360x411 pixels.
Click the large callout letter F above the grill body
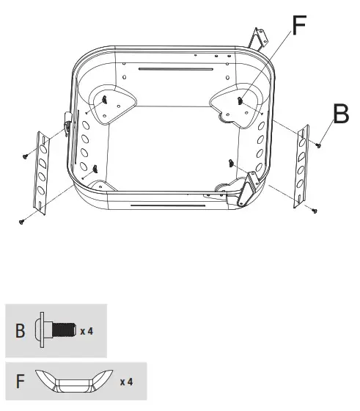(x=299, y=25)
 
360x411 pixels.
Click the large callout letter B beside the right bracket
(x=341, y=113)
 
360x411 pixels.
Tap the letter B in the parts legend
(x=20, y=330)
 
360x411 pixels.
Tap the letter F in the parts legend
(x=20, y=382)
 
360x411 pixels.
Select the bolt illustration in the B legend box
(x=56, y=330)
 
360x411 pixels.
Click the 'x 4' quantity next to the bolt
(x=87, y=331)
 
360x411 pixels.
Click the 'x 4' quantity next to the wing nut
(x=126, y=382)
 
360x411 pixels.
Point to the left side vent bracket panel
(x=41, y=173)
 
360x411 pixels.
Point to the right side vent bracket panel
(x=301, y=166)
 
